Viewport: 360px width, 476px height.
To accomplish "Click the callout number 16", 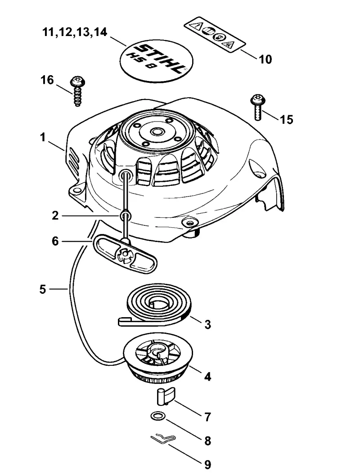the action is [x=47, y=80].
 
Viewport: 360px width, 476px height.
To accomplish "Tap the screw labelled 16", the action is [x=77, y=91].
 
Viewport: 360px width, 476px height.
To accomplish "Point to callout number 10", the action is [x=265, y=59].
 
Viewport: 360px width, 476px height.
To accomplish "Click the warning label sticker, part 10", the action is [x=215, y=35].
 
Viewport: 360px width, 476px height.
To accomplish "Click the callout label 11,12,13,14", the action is [x=75, y=31].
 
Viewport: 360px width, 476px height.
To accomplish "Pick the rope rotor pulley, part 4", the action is [x=158, y=362].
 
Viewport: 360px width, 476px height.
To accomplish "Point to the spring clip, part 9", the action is [x=163, y=439].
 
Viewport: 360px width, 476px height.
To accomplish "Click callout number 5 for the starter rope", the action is [x=42, y=289].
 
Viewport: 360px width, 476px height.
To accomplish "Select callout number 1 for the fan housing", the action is [x=43, y=137].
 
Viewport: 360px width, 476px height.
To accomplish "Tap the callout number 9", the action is [x=207, y=464].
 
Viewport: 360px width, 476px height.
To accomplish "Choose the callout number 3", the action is [x=207, y=324].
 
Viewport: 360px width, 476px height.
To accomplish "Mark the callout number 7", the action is [x=207, y=417].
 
